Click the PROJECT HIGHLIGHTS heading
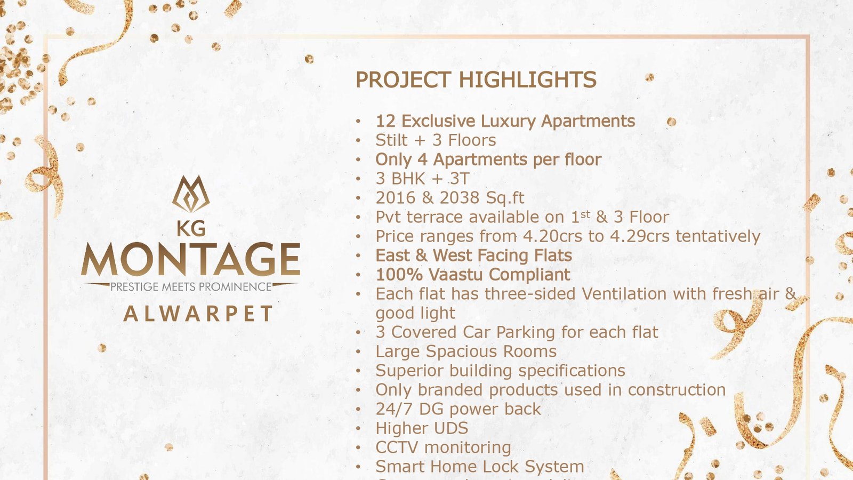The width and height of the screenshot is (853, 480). (x=476, y=80)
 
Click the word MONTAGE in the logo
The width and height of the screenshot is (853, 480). (x=190, y=260)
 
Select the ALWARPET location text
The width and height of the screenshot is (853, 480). (x=198, y=314)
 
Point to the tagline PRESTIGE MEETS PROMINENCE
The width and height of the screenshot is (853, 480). (x=191, y=287)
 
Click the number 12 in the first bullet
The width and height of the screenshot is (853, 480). (x=385, y=121)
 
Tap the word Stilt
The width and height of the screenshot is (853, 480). (x=391, y=140)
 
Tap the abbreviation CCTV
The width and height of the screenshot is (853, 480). (x=397, y=447)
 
